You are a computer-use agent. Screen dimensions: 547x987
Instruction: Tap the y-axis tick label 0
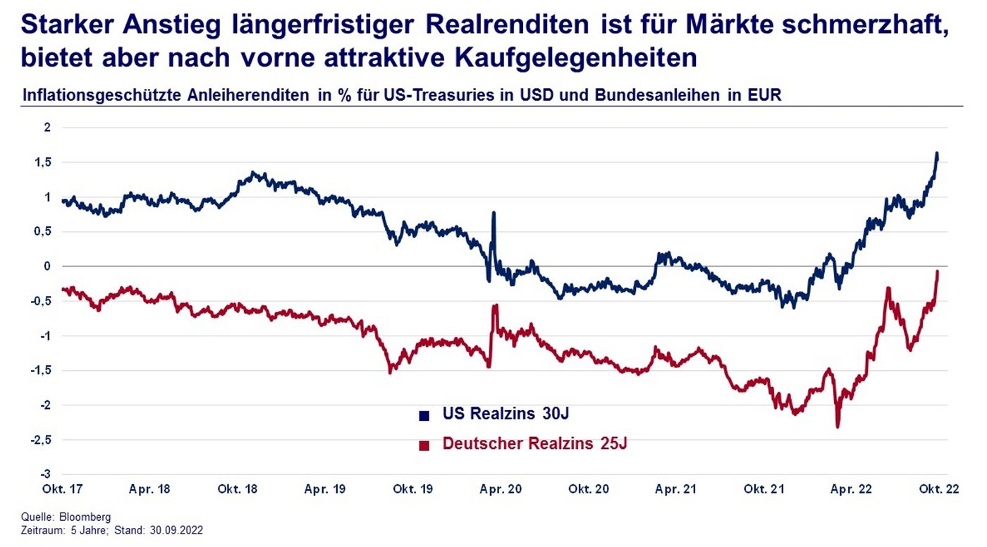point(48,266)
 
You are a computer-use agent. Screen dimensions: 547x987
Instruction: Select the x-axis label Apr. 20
point(501,489)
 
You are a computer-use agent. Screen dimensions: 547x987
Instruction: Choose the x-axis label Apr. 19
point(325,489)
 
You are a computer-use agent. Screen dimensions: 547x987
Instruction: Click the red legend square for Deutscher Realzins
point(424,445)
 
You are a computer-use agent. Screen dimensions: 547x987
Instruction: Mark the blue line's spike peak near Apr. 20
point(493,212)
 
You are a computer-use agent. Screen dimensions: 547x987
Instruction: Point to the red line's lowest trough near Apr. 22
point(838,426)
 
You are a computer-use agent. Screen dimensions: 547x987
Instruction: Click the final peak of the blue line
point(937,153)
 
